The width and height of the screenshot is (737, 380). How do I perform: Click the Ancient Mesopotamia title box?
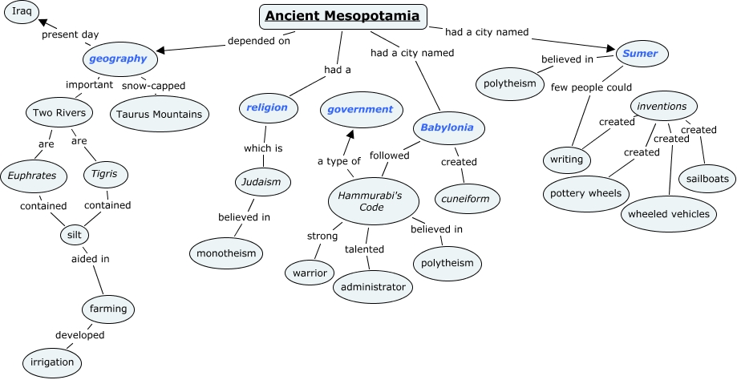pyautogui.click(x=342, y=16)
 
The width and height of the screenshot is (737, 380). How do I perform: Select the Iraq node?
pyautogui.click(x=22, y=11)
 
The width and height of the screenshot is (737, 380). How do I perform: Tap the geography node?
pyautogui.click(x=118, y=59)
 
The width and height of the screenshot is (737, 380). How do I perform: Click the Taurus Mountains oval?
pyautogui.click(x=159, y=114)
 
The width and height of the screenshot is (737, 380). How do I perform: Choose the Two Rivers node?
pyautogui.click(x=59, y=113)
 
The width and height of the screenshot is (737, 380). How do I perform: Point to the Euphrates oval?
pyautogui.click(x=32, y=175)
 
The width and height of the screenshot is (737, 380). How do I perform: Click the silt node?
pyautogui.click(x=75, y=235)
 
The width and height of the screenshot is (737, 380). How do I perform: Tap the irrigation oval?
pyautogui.click(x=53, y=362)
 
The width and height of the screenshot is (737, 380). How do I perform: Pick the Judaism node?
pyautogui.click(x=261, y=182)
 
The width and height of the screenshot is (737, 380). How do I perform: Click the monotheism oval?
pyautogui.click(x=227, y=254)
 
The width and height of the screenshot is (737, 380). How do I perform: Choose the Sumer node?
pyautogui.click(x=640, y=54)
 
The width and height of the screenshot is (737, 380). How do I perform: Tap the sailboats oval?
pyautogui.click(x=707, y=178)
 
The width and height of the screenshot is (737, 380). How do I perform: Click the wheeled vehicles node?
pyautogui.click(x=668, y=214)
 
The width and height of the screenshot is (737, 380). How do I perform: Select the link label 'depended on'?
pyautogui.click(x=259, y=41)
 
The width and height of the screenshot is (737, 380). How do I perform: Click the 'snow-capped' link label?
pyautogui.click(x=154, y=86)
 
